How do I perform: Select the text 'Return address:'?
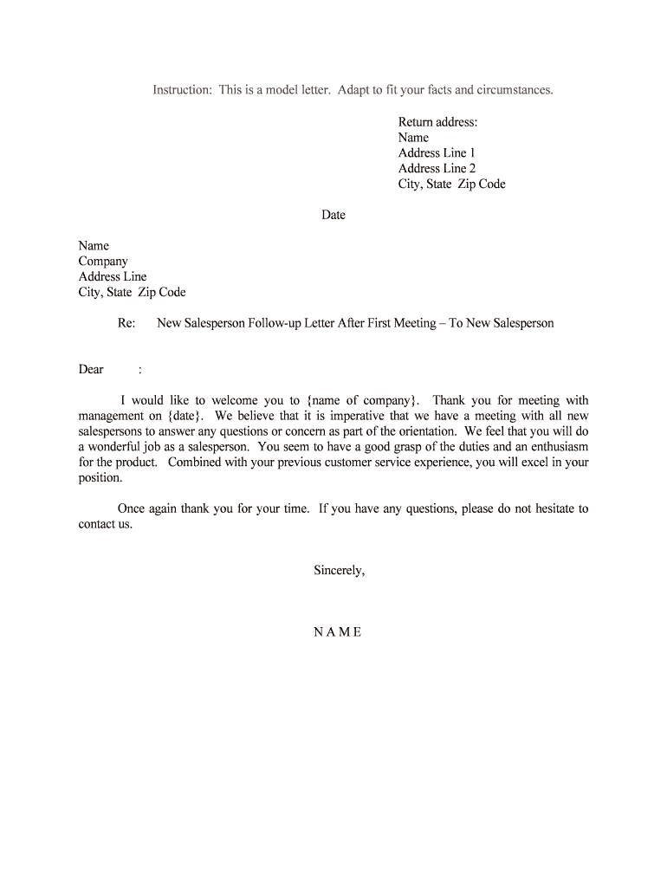click(x=437, y=122)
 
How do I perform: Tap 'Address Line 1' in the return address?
click(x=437, y=153)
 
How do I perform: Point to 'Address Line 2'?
click(x=437, y=169)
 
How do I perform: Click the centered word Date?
click(x=333, y=215)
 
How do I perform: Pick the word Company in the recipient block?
click(x=103, y=262)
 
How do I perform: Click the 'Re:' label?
click(x=126, y=323)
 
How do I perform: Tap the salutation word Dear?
click(x=91, y=370)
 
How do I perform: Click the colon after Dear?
click(x=139, y=370)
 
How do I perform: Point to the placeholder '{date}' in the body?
click(x=183, y=416)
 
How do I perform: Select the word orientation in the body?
click(x=423, y=431)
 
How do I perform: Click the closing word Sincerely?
click(x=339, y=570)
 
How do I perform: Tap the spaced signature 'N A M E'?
click(x=337, y=631)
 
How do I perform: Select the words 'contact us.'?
click(x=106, y=524)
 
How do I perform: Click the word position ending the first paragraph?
click(x=100, y=478)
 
